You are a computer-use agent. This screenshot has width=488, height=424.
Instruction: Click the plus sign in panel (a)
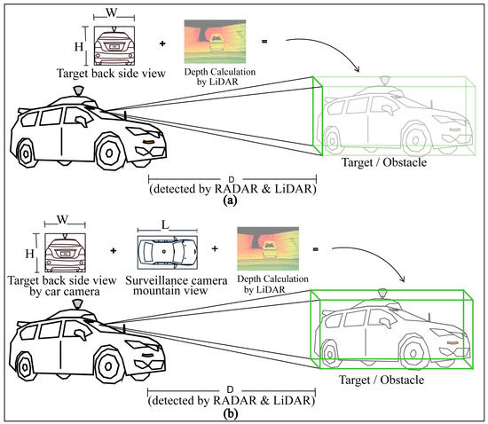[x=160, y=42]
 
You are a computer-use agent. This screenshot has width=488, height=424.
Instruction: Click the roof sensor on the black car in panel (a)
[x=77, y=91]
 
